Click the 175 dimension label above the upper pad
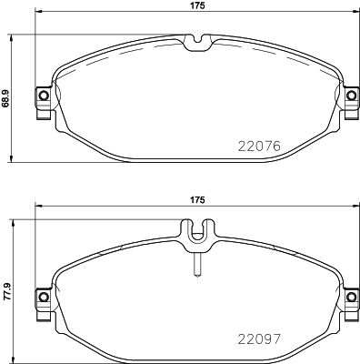tap(195, 6)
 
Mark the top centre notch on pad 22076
tap(195, 41)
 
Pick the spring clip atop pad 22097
tap(195, 235)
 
